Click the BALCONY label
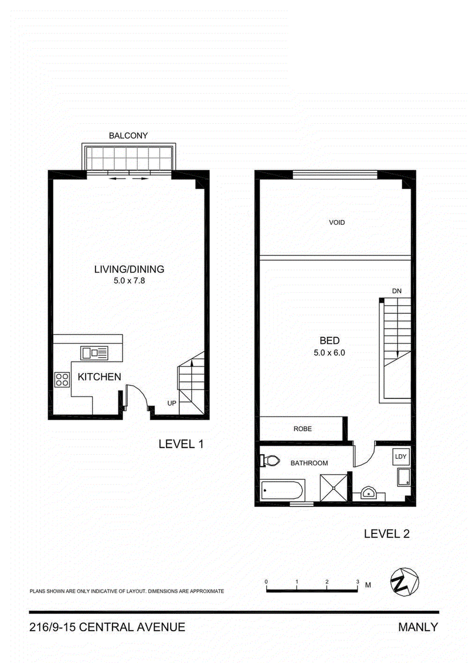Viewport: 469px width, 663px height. (128, 136)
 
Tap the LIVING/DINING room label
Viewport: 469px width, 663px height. (130, 269)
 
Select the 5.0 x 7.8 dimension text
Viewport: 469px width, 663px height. (130, 280)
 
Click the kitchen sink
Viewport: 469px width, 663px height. (94, 353)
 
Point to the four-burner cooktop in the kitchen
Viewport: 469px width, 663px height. (62, 379)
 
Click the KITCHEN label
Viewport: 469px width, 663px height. (99, 377)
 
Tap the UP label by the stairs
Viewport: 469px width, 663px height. (172, 404)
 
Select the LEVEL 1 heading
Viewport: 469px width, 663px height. (181, 444)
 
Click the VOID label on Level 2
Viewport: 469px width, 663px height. (337, 222)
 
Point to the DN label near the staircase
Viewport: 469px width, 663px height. (397, 291)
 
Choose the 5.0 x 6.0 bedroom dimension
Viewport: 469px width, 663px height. (329, 353)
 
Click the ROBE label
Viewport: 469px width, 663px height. (303, 429)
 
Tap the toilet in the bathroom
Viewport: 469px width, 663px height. (270, 460)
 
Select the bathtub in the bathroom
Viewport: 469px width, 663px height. (282, 491)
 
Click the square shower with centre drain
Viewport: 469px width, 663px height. (334, 488)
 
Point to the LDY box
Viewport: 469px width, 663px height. (400, 456)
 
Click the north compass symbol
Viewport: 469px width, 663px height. (405, 582)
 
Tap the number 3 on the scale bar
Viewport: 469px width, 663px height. (358, 582)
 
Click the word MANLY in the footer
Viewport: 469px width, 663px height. (418, 627)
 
